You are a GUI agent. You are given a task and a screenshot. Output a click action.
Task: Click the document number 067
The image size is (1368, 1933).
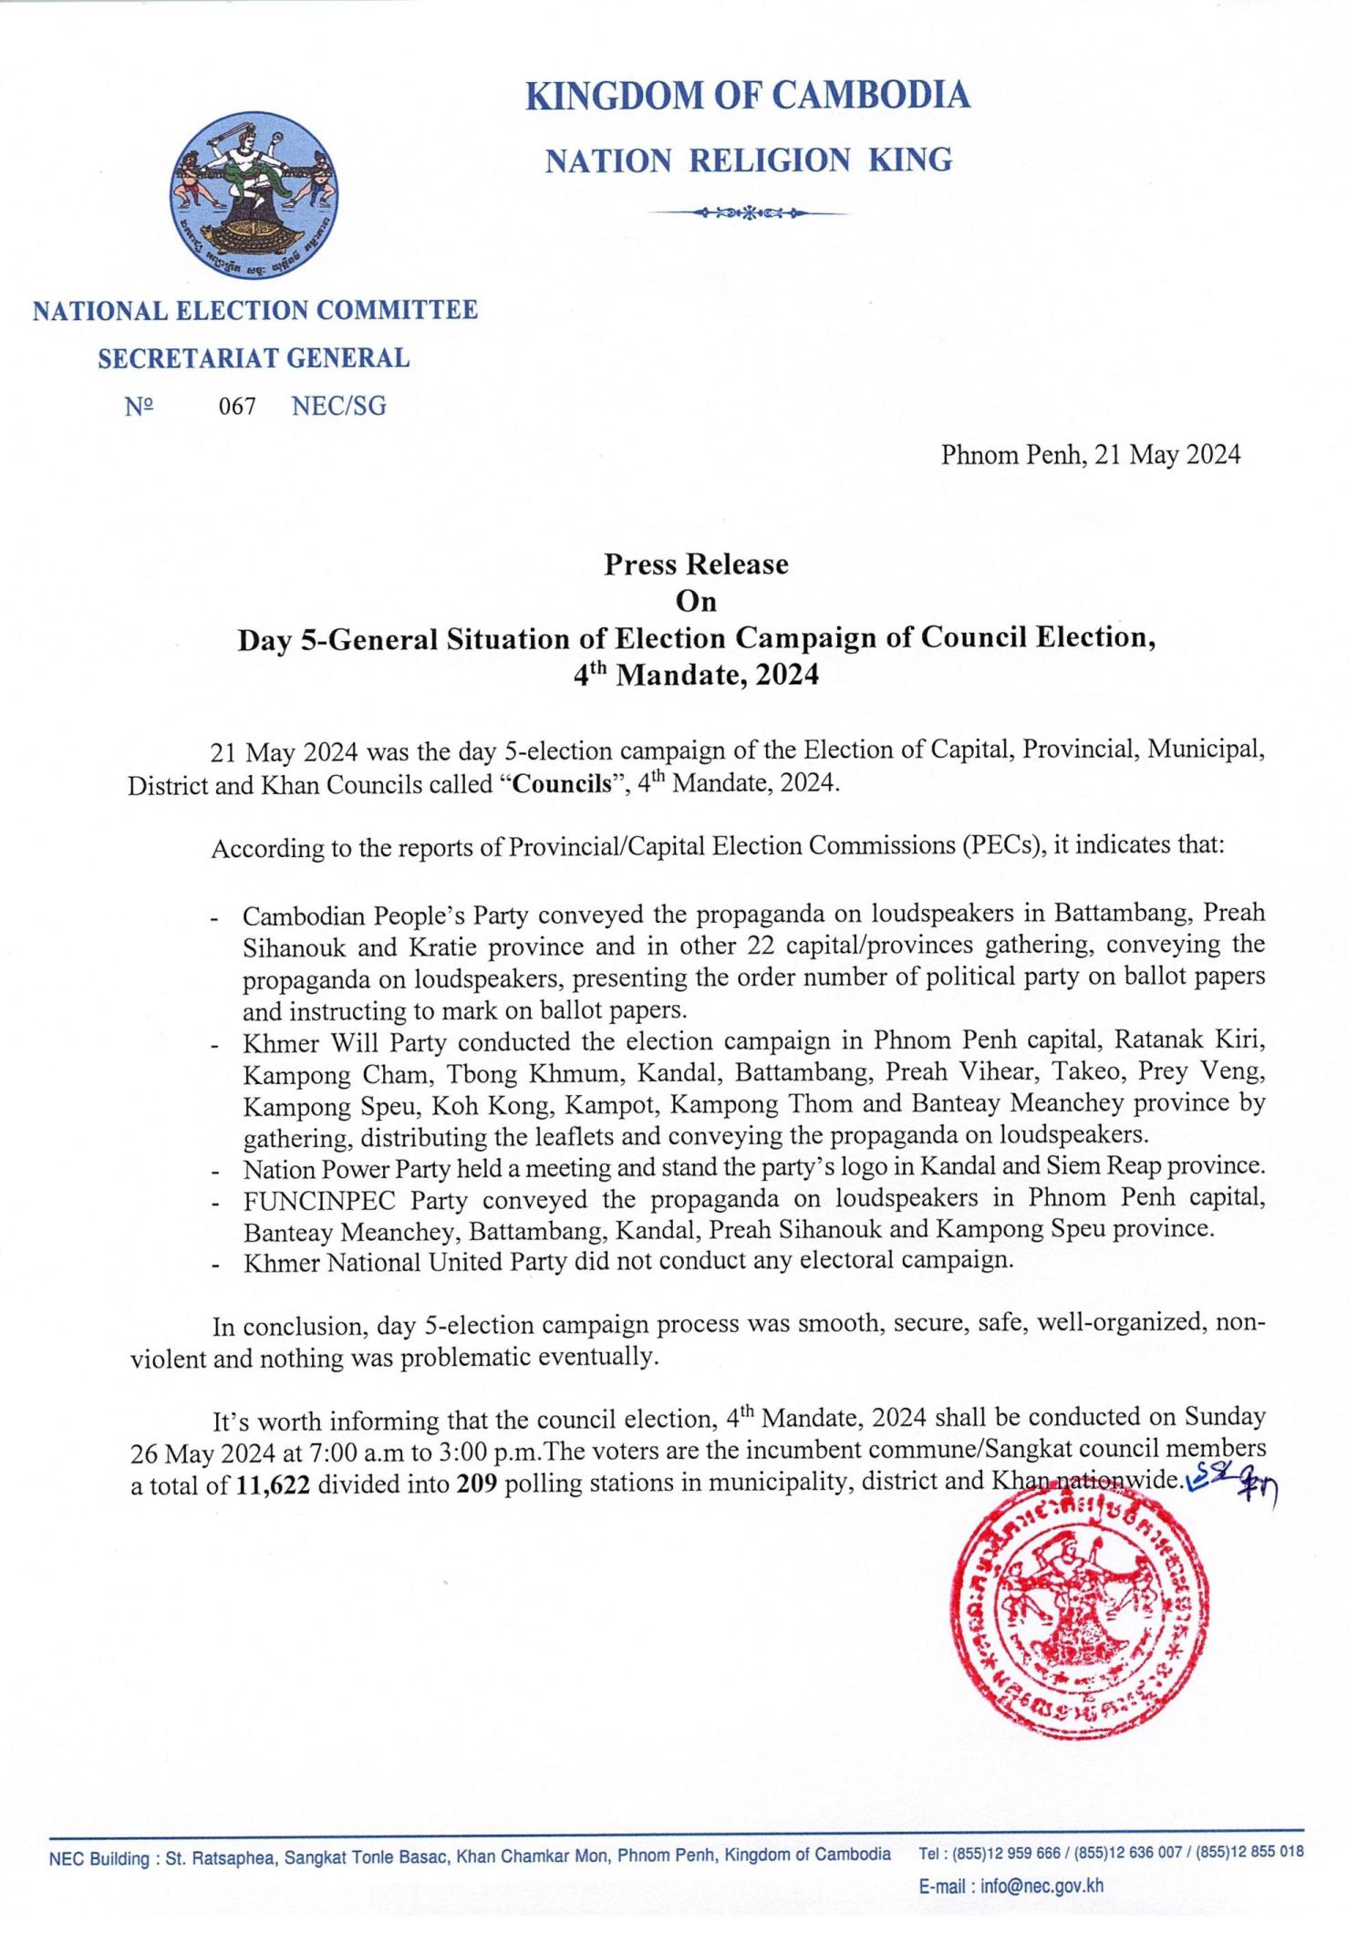pos(237,407)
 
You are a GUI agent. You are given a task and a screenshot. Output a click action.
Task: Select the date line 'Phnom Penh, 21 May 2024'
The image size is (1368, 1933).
pos(1090,454)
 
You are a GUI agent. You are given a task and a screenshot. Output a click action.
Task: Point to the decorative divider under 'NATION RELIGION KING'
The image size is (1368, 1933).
pos(748,213)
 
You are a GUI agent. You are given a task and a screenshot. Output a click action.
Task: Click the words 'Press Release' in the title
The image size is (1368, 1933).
pos(696,564)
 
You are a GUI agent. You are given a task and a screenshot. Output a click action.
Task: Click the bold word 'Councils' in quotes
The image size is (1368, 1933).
pos(561,785)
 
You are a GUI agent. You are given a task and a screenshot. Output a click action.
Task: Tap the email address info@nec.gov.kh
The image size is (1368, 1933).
pos(1042,1886)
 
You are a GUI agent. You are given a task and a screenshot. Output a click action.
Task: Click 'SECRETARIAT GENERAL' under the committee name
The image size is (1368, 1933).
pos(254,358)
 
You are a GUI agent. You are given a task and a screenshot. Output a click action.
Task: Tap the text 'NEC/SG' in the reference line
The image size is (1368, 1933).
pos(339,407)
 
